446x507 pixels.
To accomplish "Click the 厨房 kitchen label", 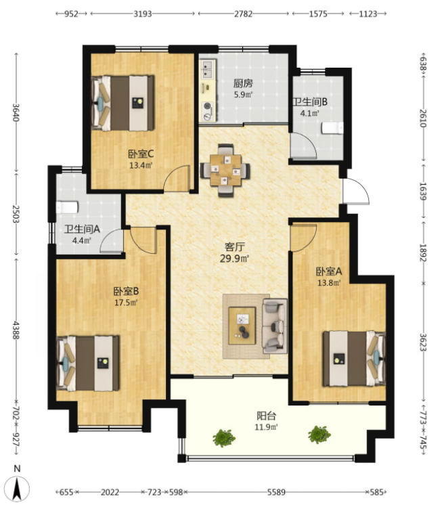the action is tap(243, 83).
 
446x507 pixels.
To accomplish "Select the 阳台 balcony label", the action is tap(266, 416).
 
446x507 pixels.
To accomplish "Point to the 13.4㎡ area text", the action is tap(141, 166).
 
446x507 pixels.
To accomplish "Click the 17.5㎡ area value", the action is tap(126, 303).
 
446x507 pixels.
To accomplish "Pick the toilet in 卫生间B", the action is tap(332, 128).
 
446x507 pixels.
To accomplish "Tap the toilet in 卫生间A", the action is tap(67, 207).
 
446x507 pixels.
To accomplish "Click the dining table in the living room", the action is tap(225, 171).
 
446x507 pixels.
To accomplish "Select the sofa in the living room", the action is tap(275, 326).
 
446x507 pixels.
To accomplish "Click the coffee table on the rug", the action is tap(242, 326).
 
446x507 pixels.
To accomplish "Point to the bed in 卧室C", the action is tap(122, 103).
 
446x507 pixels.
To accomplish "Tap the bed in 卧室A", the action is tap(355, 358).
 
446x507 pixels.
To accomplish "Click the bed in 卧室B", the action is tap(88, 363).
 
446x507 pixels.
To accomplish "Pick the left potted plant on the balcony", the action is tap(223, 438).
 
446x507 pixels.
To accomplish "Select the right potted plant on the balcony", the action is tap(319, 435).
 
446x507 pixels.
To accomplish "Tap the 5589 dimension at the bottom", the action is tap(276, 492).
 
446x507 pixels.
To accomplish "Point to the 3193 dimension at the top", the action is tap(143, 14).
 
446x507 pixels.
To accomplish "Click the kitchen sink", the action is tap(208, 70).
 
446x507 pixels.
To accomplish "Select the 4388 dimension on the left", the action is tap(16, 330).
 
